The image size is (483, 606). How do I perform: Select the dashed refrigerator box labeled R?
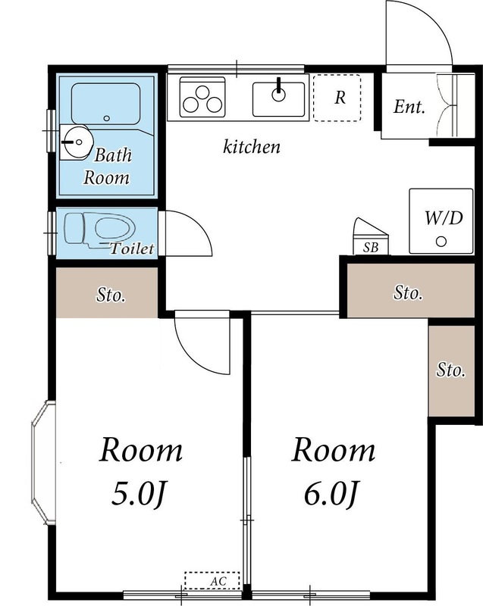tap(337, 98)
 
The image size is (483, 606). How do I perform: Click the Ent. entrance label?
tap(409, 107)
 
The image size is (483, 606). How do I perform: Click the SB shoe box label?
tap(371, 247)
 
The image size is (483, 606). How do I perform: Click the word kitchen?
tap(251, 147)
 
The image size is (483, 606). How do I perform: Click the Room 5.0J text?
tap(141, 472)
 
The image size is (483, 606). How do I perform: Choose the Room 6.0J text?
tap(334, 472)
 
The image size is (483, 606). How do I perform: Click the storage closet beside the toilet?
tap(108, 294)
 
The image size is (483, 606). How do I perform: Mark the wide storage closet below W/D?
tap(408, 292)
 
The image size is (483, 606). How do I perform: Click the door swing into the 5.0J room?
tap(202, 345)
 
